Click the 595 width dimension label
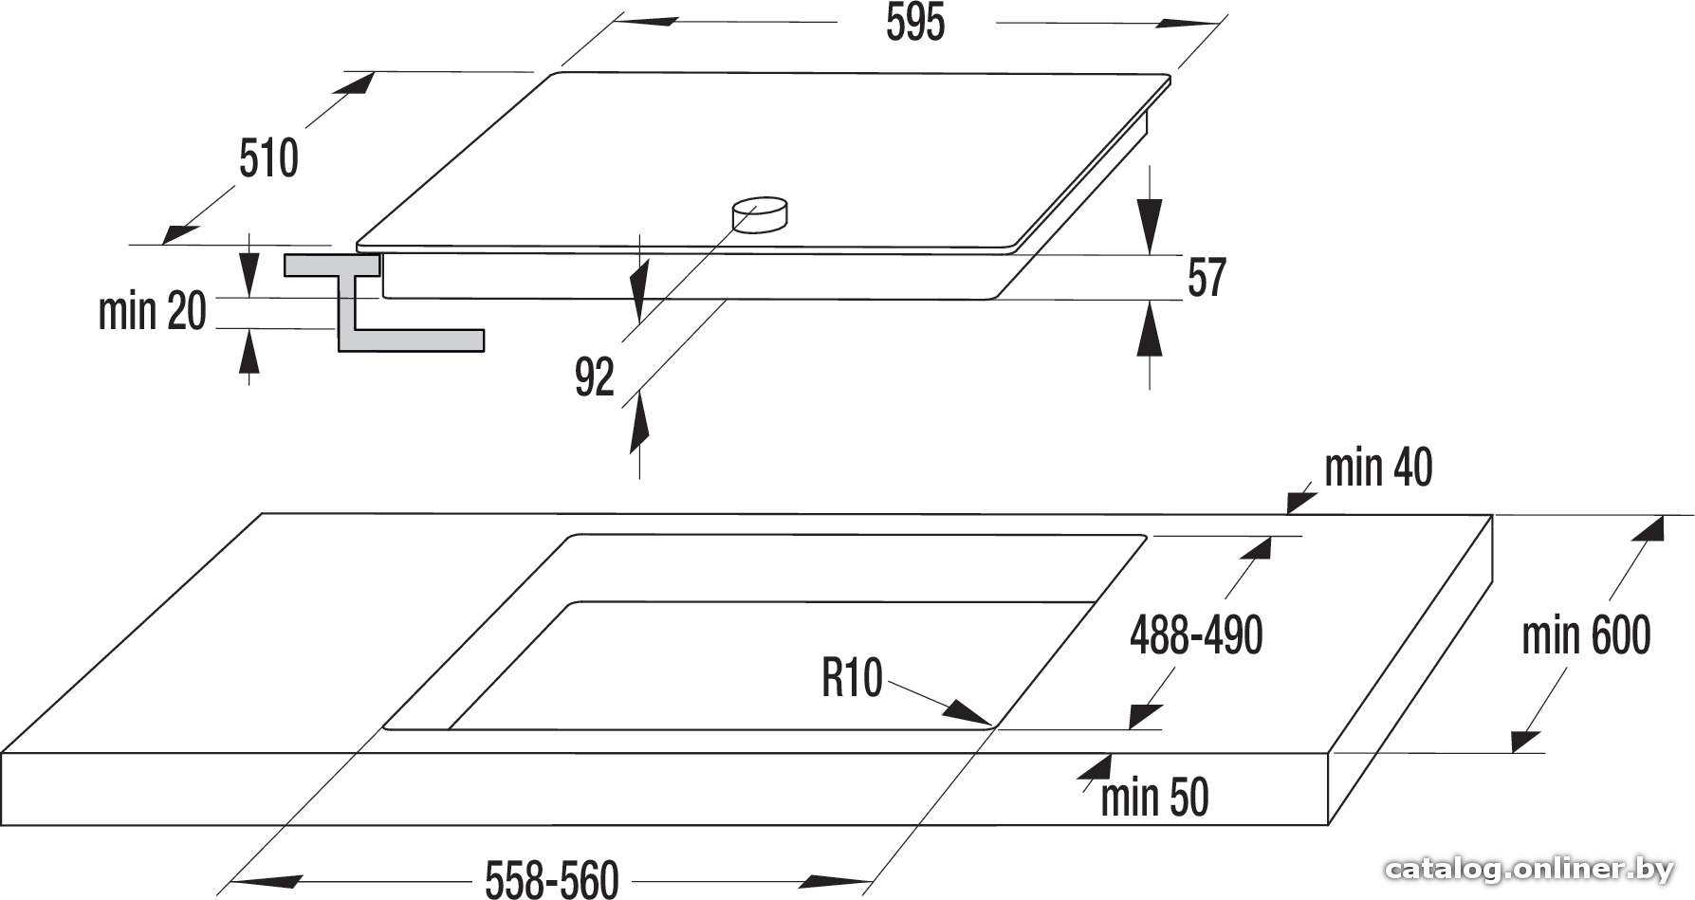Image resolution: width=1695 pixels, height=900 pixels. click(x=915, y=23)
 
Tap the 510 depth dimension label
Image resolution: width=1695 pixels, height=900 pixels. click(x=268, y=158)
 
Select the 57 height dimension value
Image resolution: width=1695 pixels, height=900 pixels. click(x=1207, y=279)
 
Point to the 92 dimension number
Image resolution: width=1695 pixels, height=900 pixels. click(x=595, y=377)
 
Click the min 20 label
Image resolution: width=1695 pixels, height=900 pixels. click(x=153, y=311)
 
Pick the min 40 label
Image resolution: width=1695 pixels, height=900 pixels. click(x=1378, y=468)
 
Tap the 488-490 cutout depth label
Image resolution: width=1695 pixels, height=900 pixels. click(x=1196, y=635)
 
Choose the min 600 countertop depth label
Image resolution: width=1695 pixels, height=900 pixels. click(x=1586, y=635)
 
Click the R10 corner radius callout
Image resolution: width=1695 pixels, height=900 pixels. click(x=852, y=679)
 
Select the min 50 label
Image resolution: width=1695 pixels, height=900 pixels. click(x=1154, y=798)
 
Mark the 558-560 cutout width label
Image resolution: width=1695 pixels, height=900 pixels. click(x=552, y=879)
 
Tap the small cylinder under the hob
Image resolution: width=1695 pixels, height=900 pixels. click(x=759, y=214)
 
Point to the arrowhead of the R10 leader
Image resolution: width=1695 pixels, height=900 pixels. click(x=968, y=712)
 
